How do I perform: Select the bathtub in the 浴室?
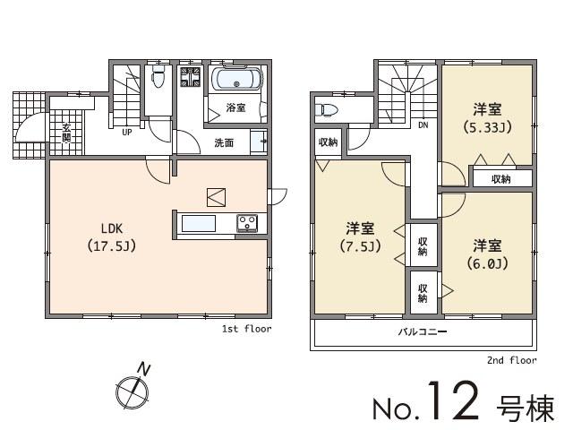(x=236, y=82)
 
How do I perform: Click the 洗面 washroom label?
(x=224, y=142)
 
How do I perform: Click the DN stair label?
(x=423, y=125)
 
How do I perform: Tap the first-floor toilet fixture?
(x=158, y=79)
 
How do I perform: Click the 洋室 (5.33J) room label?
(x=487, y=118)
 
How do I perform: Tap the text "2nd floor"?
(x=511, y=361)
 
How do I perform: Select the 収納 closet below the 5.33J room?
(x=500, y=179)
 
